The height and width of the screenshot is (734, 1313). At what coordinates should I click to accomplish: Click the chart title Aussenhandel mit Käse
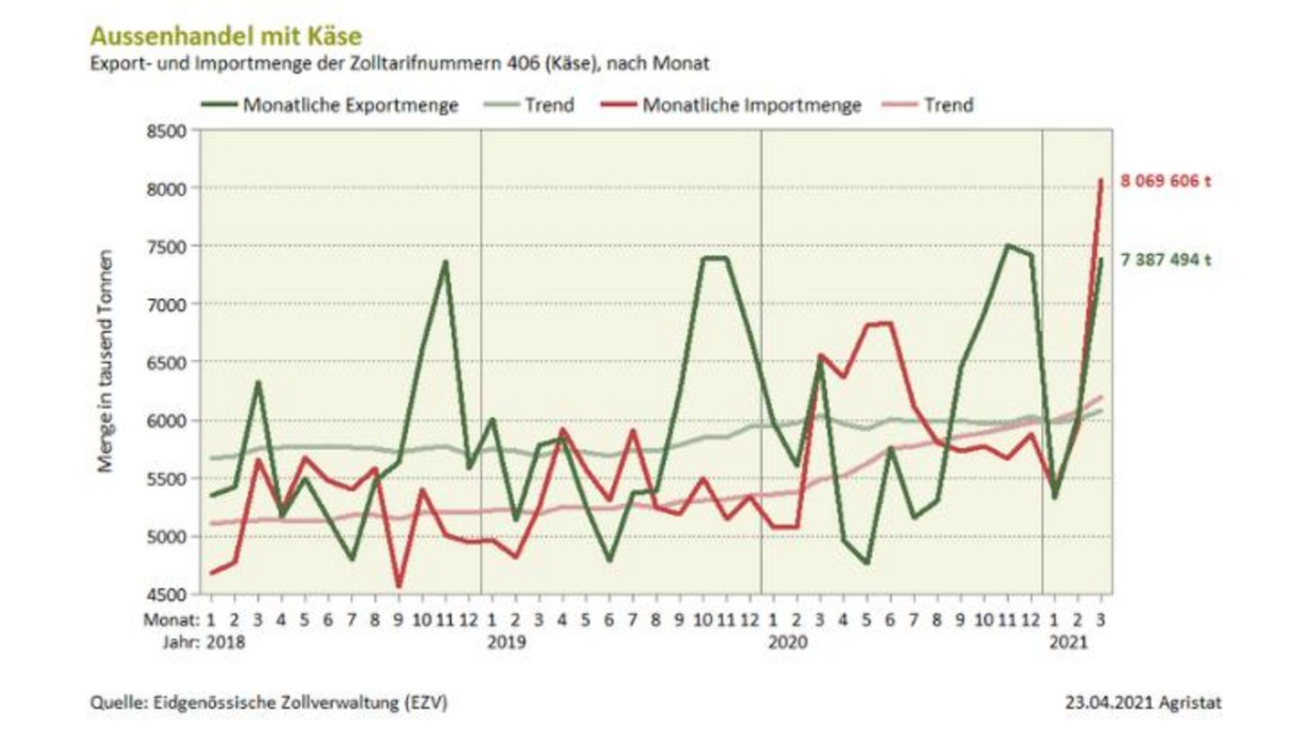(225, 36)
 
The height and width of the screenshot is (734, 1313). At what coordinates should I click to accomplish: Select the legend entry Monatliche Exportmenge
(350, 105)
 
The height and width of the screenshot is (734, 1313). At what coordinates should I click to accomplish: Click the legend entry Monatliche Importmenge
(751, 105)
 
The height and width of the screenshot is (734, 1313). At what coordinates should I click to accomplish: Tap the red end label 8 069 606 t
(1166, 181)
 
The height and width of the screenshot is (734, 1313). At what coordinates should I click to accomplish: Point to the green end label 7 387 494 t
(1166, 261)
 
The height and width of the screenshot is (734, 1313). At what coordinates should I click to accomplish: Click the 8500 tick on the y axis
(169, 130)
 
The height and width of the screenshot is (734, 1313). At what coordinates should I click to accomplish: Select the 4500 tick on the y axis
(169, 594)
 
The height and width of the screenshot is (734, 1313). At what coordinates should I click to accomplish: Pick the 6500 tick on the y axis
(169, 362)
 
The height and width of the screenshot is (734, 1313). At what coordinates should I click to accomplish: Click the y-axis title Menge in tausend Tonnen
(106, 362)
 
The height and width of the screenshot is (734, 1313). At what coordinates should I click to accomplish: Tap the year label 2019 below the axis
(506, 642)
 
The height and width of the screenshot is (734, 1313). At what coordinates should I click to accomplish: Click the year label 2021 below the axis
(1068, 642)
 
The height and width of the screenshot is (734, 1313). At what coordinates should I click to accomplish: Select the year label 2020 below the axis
(787, 642)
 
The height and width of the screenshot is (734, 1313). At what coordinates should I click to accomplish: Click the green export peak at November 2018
(445, 262)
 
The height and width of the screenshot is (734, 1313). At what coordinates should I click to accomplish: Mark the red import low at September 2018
(399, 587)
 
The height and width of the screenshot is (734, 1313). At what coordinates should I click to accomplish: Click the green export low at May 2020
(867, 562)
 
